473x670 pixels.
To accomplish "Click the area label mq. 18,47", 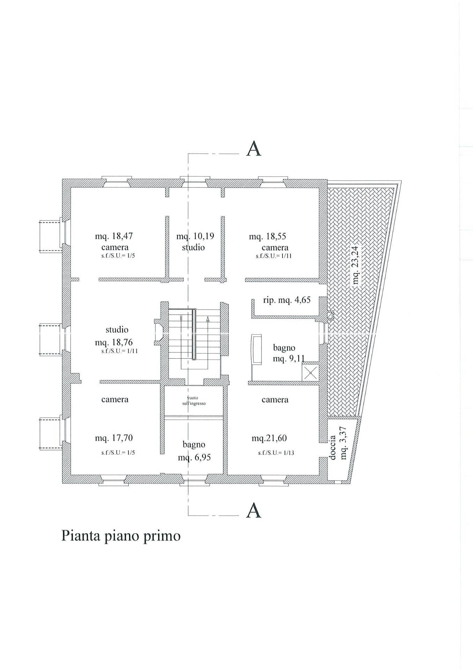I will (114, 236).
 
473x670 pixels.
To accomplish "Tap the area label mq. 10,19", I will (195, 236).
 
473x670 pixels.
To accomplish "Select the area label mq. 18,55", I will (267, 236).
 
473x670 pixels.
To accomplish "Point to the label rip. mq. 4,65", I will (286, 300).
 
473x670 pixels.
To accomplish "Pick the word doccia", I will (332, 447).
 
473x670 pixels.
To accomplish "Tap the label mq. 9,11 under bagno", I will (289, 358).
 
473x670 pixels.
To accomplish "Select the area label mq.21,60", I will (269, 438).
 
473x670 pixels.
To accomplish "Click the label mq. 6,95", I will (194, 457).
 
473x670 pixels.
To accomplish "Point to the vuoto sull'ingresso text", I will (194, 401).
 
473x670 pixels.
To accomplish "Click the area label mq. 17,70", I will (114, 438).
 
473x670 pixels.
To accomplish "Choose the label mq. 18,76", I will (114, 342).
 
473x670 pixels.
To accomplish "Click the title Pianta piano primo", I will (121, 536).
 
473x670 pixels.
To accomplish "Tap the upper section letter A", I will (254, 149).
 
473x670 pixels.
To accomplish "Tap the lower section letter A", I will (254, 511).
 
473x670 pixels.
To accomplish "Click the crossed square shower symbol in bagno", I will (310, 372).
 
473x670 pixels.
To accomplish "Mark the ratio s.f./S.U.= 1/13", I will (276, 453).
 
